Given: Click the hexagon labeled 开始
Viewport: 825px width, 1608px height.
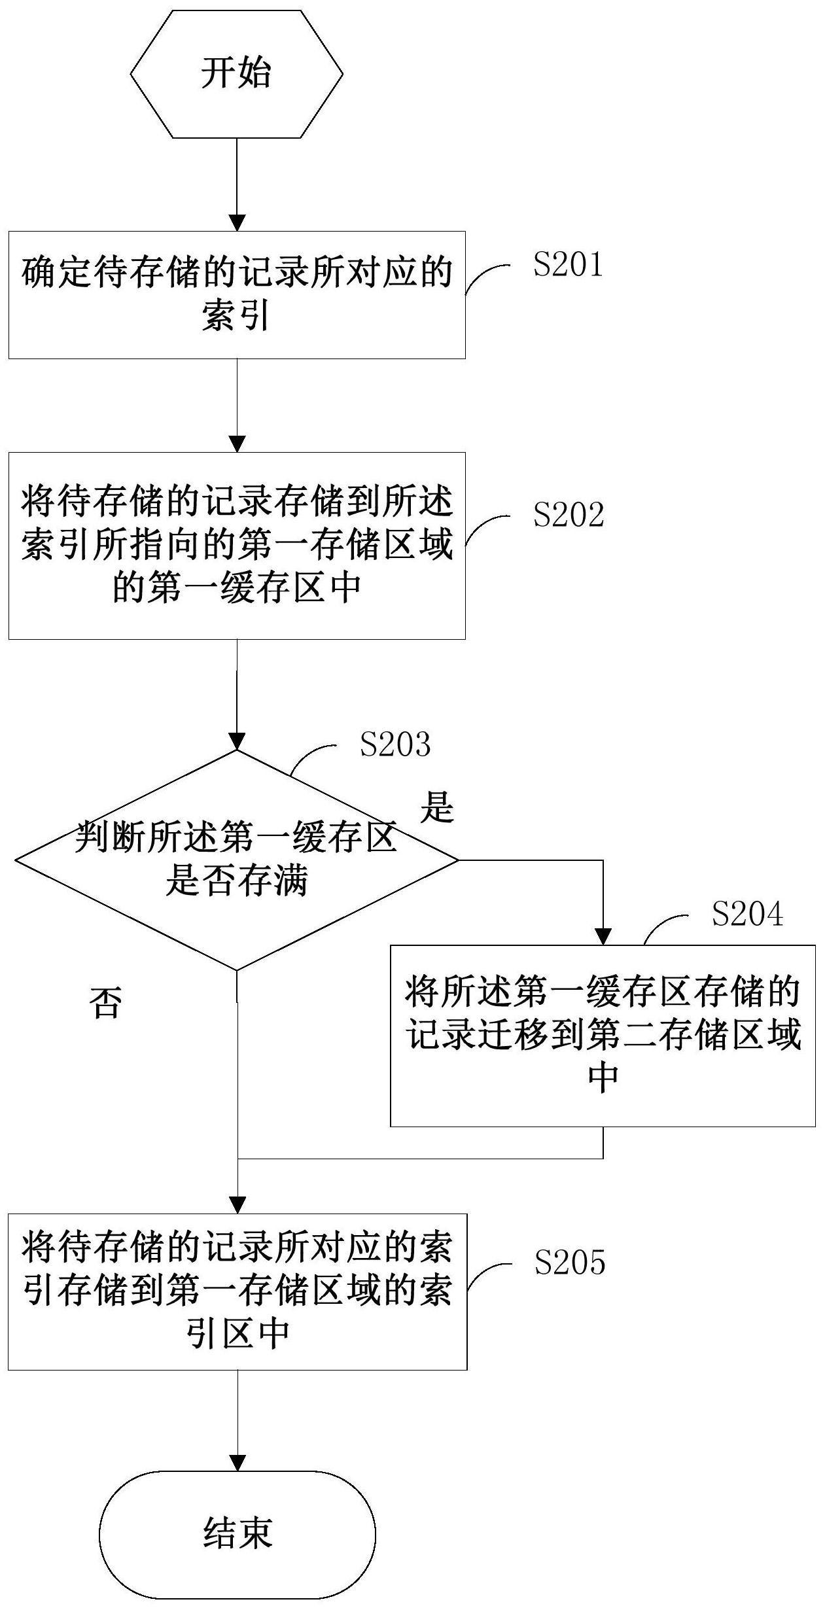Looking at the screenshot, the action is coord(236,74).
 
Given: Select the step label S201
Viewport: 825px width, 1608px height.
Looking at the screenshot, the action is coord(567,265).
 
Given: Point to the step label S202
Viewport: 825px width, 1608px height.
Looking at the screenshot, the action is coord(568,515).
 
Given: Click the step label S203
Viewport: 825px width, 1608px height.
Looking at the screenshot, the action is coord(395,744).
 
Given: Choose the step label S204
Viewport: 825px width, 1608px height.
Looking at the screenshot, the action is coord(747,914).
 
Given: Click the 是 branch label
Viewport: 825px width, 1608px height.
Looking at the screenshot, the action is coord(436,807).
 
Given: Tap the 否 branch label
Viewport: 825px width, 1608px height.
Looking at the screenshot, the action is coord(106,1003).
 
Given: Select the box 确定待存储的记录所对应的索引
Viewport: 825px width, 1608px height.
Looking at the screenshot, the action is coord(237,295).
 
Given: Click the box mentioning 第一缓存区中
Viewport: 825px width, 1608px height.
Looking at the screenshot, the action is coord(237,546).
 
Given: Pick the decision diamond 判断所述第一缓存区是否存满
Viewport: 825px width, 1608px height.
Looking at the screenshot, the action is coord(237,860).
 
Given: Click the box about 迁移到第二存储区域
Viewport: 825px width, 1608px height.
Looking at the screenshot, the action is coord(603,1036).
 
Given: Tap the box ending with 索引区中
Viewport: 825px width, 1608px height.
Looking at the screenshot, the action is coord(237,1292).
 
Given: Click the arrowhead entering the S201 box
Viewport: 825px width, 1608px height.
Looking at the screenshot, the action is coord(237,222).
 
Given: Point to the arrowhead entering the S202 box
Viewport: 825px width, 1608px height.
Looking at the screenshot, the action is coord(237,444).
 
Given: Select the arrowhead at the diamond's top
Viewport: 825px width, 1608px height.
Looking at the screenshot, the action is coord(237,741).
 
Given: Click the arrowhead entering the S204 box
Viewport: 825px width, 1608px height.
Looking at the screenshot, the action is coord(603,937).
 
